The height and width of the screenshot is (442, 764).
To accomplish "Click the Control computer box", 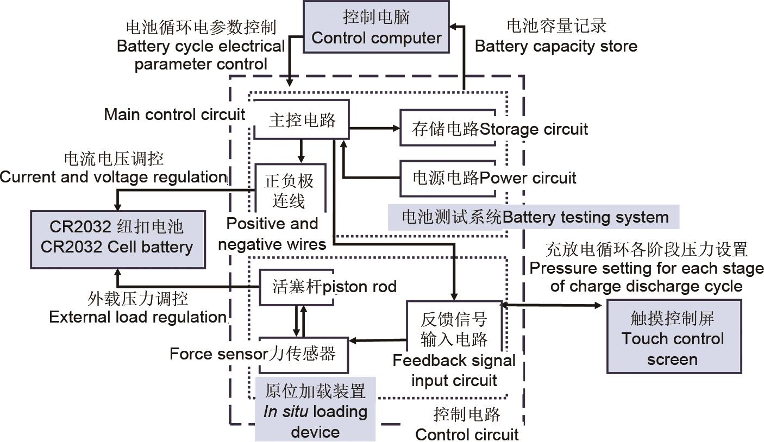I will (376, 27).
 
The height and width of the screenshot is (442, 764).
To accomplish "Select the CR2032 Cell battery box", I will (117, 237).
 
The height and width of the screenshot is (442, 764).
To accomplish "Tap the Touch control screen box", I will (673, 338).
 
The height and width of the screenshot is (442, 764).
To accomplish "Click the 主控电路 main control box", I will (302, 120).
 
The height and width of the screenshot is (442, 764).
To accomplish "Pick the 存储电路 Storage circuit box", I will (447, 129).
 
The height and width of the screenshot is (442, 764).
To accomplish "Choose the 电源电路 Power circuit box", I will (447, 177).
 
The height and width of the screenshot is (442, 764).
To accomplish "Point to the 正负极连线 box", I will (289, 191).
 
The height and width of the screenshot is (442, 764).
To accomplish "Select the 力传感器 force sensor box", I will (303, 354).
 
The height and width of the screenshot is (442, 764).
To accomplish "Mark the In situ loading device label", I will (315, 411).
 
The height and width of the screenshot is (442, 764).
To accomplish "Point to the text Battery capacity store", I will (556, 46).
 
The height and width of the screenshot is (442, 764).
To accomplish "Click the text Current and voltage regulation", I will (113, 177).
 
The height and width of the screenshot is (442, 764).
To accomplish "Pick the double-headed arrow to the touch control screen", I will (552, 306).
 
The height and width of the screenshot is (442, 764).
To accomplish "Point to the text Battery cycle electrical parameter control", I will (201, 46).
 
